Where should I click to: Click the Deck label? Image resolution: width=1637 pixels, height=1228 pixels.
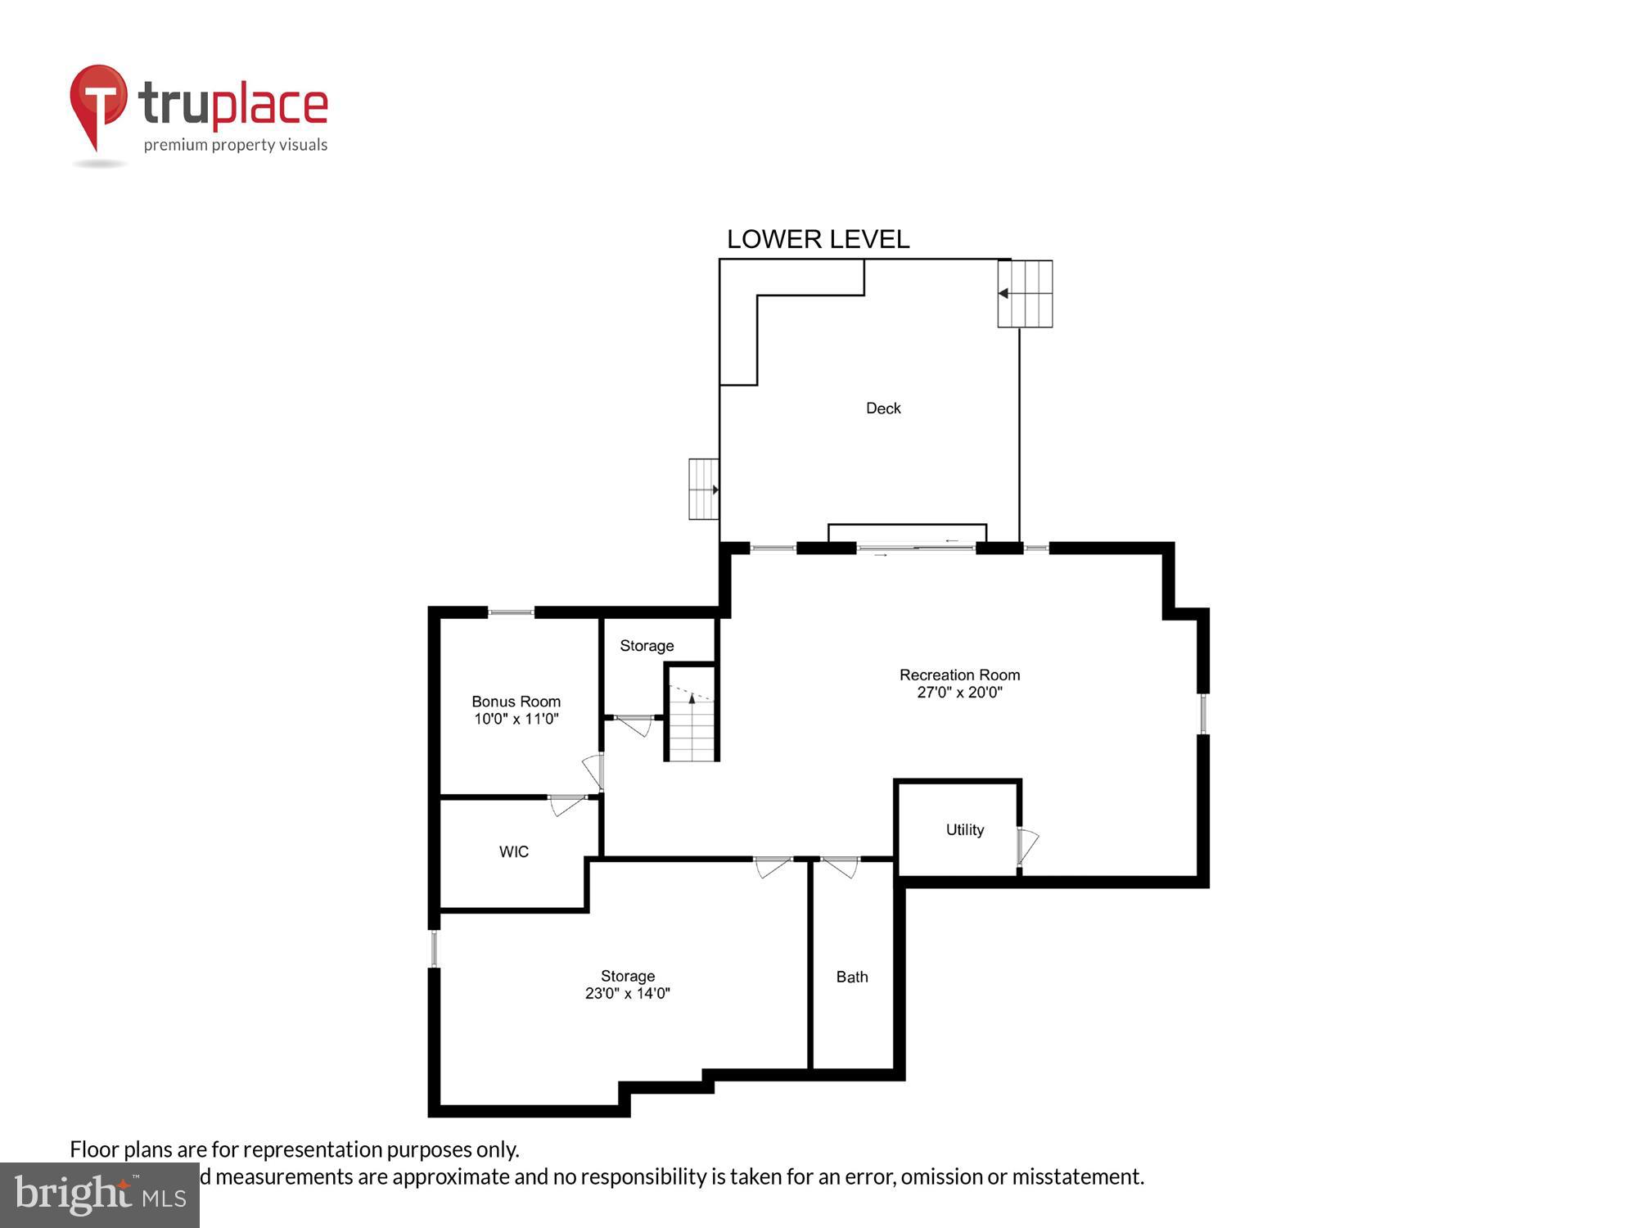(x=883, y=408)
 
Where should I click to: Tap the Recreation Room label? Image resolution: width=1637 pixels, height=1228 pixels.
(x=959, y=675)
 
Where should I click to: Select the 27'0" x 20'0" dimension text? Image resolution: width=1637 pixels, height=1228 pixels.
(x=959, y=693)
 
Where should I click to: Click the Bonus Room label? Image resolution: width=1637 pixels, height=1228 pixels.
(x=516, y=702)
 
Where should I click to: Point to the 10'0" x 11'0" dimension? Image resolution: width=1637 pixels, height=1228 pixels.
(x=516, y=719)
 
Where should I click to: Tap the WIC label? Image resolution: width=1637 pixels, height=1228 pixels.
(x=514, y=851)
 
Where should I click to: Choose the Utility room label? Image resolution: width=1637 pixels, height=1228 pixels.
(x=964, y=829)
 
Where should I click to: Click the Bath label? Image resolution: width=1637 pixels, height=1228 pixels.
(x=852, y=977)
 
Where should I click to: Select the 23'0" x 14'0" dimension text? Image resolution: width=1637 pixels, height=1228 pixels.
(x=627, y=993)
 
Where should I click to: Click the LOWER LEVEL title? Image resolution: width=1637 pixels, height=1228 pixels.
(x=818, y=239)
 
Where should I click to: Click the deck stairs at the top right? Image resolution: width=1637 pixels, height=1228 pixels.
(x=1025, y=293)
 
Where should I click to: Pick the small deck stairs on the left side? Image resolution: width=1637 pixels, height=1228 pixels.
(x=703, y=489)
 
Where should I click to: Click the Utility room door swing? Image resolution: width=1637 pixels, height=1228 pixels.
(x=1026, y=846)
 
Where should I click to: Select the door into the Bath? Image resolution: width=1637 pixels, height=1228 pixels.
(x=840, y=866)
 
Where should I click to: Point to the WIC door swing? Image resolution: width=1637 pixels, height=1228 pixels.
(x=566, y=805)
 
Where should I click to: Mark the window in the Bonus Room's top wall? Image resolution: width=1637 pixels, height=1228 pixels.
(x=512, y=612)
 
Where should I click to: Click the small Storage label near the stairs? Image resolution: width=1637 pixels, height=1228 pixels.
(x=647, y=646)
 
